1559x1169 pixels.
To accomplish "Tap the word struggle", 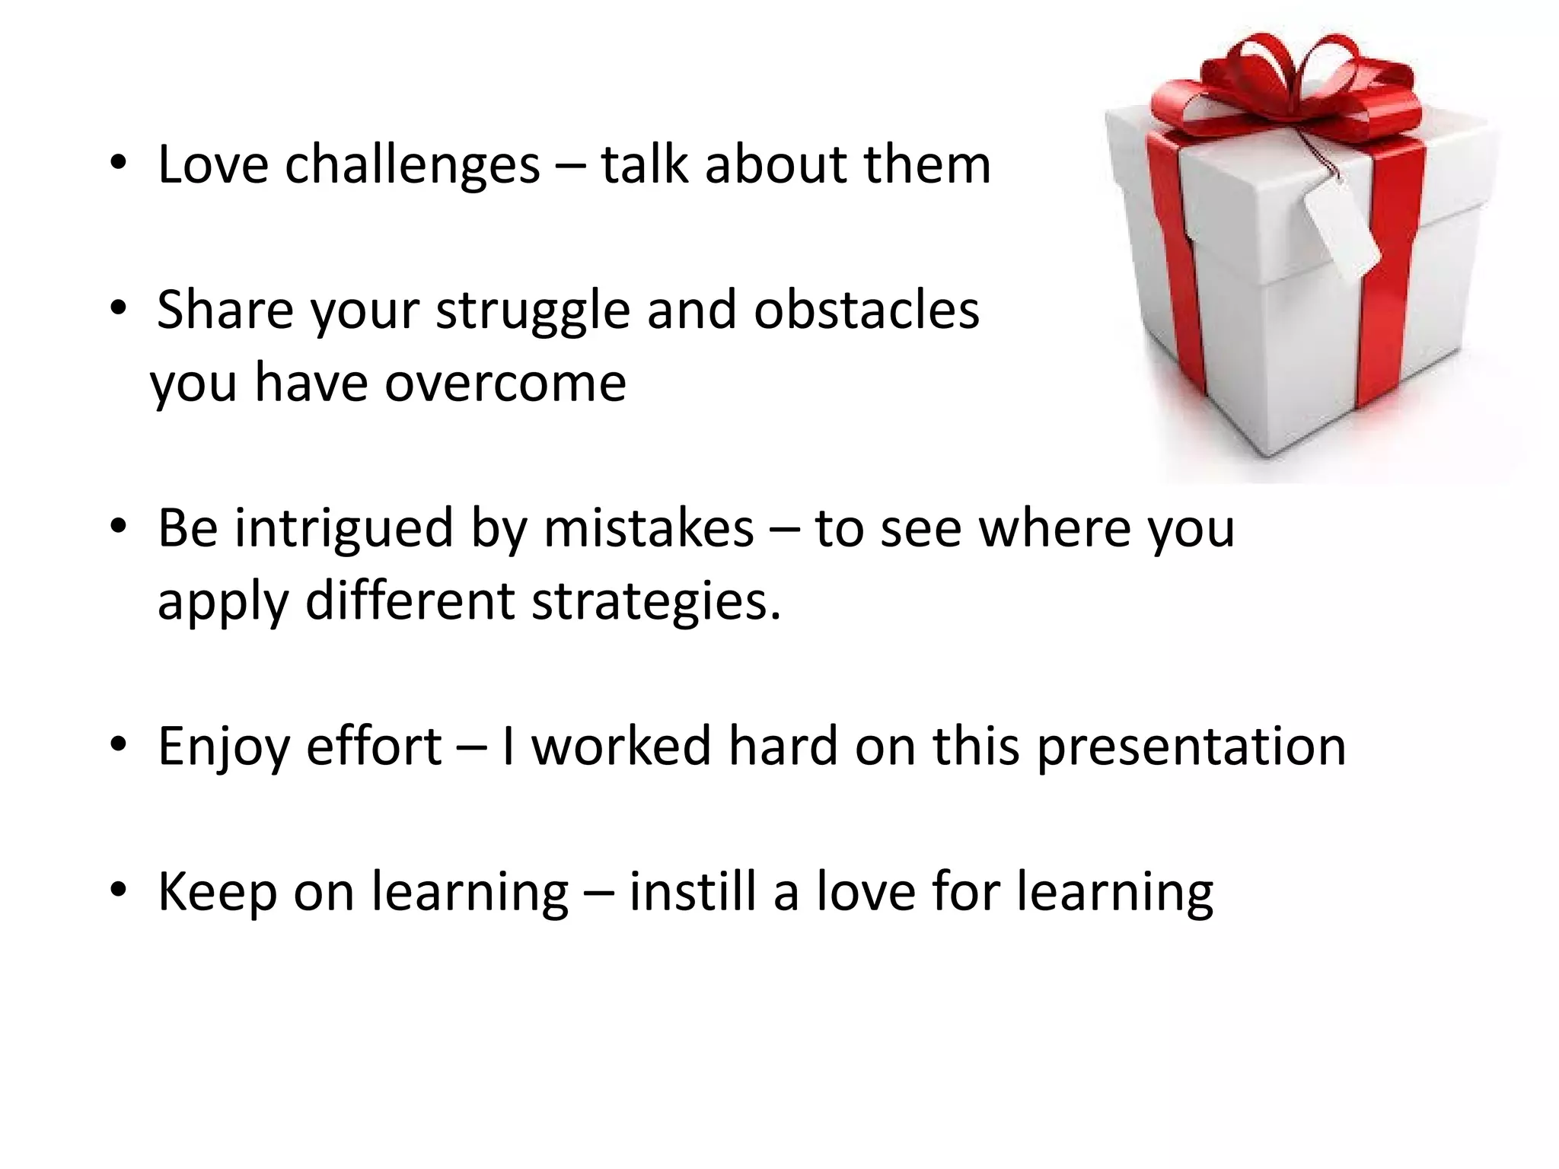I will coord(533,311).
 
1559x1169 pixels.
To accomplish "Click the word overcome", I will coord(505,382).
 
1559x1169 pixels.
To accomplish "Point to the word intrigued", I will coord(344,527).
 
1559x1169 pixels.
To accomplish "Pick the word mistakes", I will coord(649,527).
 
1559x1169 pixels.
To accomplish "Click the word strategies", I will coord(655,600).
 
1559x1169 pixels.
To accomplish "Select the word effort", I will coord(374,746).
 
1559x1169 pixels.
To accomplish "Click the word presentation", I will coord(1192,747).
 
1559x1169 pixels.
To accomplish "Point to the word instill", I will coord(693,891).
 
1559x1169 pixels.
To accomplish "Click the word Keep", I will coord(217,893).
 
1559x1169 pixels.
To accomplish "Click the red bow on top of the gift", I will coord(1286,84).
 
